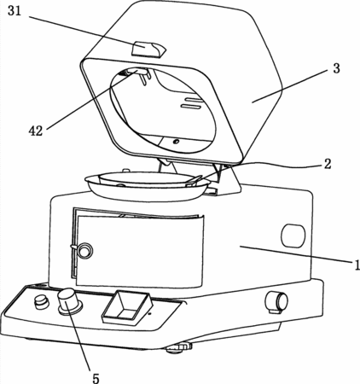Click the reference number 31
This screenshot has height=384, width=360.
pos(15,10)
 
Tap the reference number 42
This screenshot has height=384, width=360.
pos(36,131)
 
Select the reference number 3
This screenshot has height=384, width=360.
pos(336,68)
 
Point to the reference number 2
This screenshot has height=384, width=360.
pos(328,164)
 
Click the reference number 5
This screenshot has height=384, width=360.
pos(96,378)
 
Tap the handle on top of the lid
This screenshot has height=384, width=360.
pos(148,49)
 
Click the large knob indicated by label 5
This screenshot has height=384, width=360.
pos(69,301)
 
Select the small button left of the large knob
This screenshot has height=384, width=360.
pos(42,302)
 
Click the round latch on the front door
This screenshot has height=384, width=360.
pos(84,250)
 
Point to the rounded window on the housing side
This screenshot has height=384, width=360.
pos(293,236)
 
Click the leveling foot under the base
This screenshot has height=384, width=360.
pos(179,347)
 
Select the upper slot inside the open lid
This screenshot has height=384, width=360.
pos(194,99)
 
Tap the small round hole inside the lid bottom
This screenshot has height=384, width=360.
pos(177,141)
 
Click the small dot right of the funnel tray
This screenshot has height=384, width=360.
pos(150,314)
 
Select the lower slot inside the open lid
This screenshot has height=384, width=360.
pos(191,107)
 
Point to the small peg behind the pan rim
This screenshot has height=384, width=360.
pos(126,171)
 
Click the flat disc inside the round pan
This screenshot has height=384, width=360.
pos(146,178)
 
